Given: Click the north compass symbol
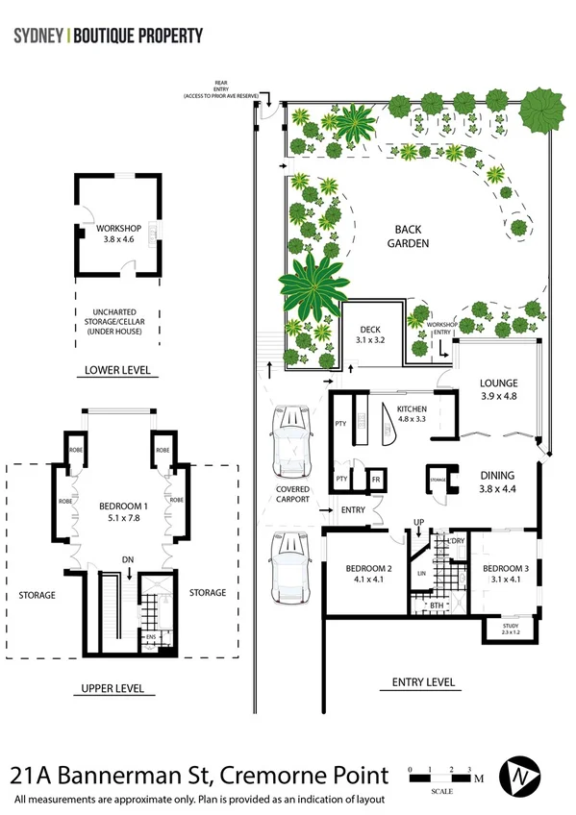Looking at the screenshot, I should (523, 775).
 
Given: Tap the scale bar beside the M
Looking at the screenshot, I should (439, 778).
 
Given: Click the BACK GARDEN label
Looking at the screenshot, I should (411, 236).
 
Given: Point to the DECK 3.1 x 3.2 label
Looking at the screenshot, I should (363, 333).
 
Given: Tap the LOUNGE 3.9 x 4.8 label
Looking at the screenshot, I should (498, 389).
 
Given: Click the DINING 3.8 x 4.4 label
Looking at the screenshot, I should (497, 482).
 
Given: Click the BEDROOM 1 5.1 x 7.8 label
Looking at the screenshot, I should (123, 511).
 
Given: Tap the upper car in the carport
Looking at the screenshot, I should (291, 441).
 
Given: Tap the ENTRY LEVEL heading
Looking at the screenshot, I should (423, 682).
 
